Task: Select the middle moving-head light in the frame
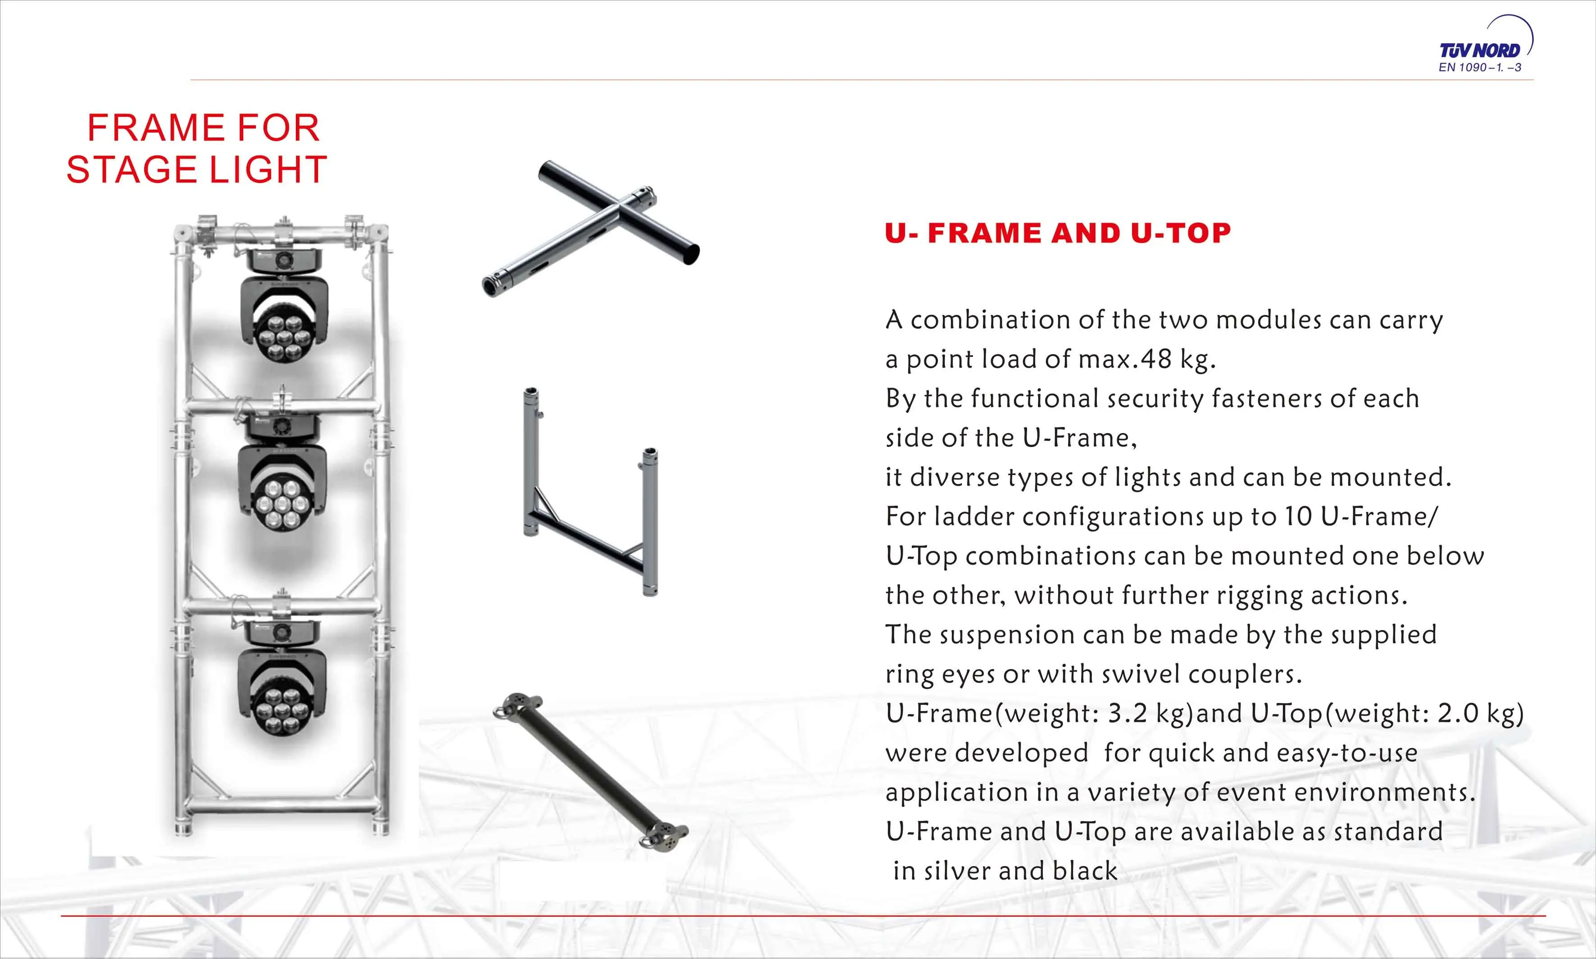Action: [282, 472]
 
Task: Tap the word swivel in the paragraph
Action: [1141, 674]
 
